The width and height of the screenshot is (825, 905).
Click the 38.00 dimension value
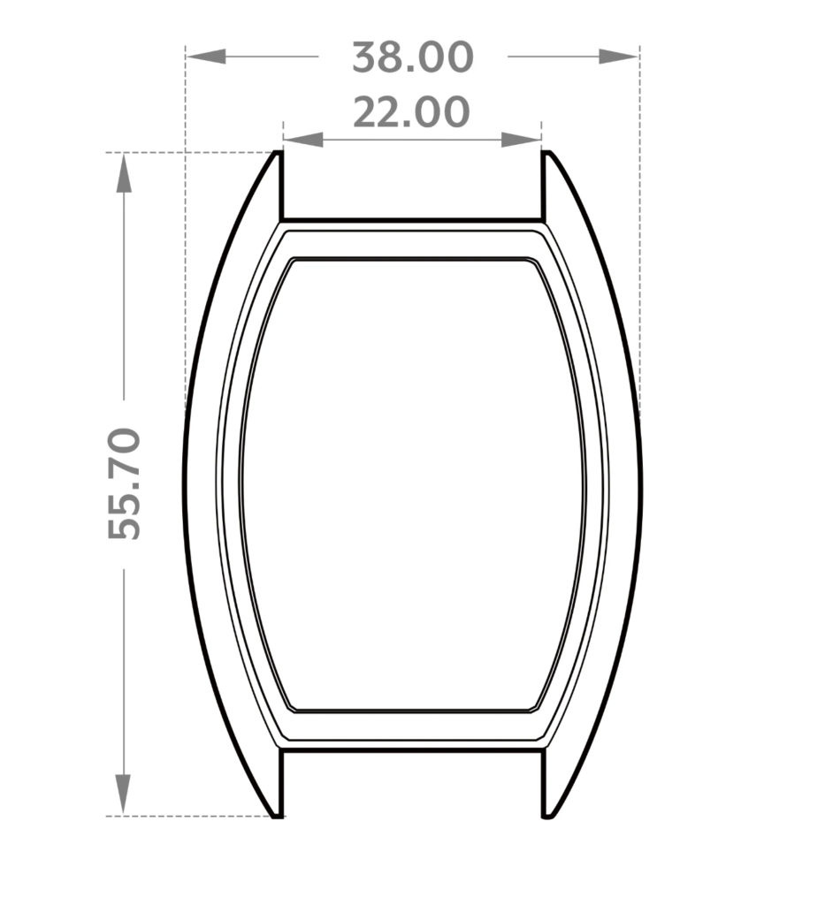click(412, 57)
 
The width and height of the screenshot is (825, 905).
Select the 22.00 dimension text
click(411, 112)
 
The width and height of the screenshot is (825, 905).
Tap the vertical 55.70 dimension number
click(124, 483)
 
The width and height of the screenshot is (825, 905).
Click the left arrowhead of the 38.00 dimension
click(206, 57)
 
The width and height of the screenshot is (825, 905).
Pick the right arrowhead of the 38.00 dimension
click(618, 57)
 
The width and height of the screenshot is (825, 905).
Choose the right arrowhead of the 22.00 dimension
click(522, 140)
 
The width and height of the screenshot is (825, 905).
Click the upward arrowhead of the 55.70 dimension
click(124, 172)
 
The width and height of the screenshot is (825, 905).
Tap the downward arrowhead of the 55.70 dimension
click(123, 795)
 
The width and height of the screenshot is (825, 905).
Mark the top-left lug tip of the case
click(277, 152)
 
